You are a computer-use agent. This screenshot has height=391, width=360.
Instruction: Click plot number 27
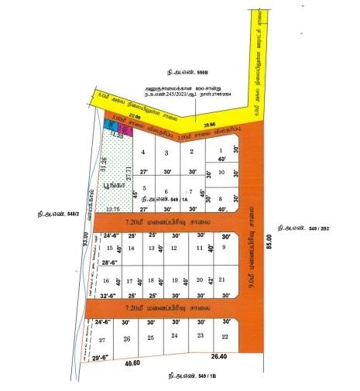click(x=101, y=340)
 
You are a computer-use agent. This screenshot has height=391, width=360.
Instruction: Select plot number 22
click(x=225, y=337)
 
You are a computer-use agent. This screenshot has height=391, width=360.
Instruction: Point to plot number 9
click(x=224, y=247)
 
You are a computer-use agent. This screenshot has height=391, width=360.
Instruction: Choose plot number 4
click(x=144, y=153)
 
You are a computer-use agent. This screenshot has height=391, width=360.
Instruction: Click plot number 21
click(x=222, y=279)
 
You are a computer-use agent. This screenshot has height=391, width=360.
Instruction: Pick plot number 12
click(x=173, y=248)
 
